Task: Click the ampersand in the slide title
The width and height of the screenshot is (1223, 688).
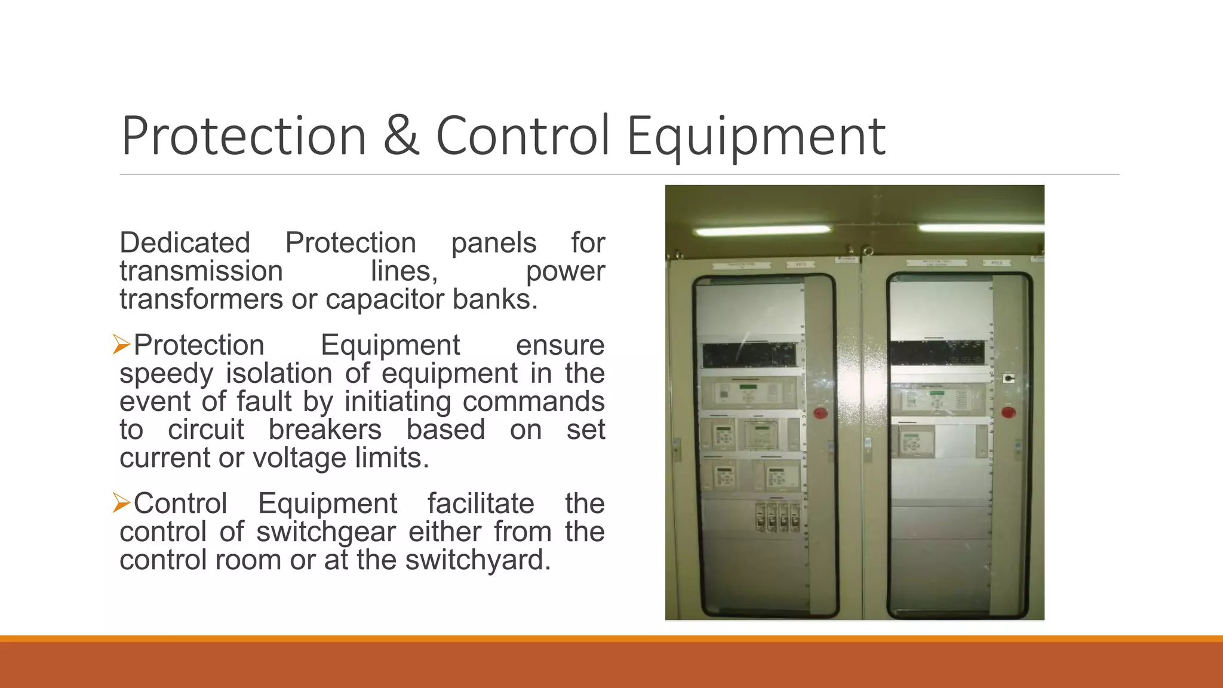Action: pyautogui.click(x=401, y=136)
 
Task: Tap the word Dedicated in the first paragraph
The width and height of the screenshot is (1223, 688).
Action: pyautogui.click(x=185, y=243)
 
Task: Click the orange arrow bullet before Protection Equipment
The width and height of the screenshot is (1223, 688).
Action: pyautogui.click(x=121, y=345)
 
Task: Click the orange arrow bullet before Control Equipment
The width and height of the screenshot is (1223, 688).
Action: pyautogui.click(x=121, y=503)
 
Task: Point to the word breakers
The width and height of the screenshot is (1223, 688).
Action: pyautogui.click(x=325, y=429)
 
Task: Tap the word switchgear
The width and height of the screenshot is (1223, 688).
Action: pyautogui.click(x=325, y=532)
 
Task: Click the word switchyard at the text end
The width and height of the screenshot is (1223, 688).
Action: pyautogui.click(x=477, y=560)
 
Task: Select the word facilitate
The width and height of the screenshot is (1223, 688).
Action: pyautogui.click(x=480, y=503)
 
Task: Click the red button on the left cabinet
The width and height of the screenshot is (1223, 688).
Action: pyautogui.click(x=821, y=413)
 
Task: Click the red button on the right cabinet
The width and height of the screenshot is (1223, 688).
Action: pyautogui.click(x=1009, y=411)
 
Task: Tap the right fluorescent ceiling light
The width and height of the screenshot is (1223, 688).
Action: pyautogui.click(x=979, y=228)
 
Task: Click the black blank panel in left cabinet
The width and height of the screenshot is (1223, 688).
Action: pyautogui.click(x=749, y=355)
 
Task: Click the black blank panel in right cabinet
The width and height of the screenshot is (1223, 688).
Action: pyautogui.click(x=937, y=352)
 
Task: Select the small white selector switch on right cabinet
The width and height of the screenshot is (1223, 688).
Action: pyautogui.click(x=1008, y=378)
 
